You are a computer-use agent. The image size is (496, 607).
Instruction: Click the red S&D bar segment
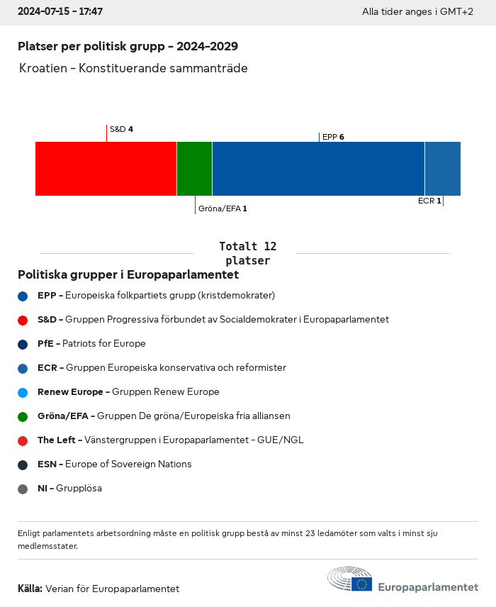106,169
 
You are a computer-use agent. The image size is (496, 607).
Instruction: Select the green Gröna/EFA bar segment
194,169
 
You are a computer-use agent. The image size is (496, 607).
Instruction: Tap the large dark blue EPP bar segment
318,169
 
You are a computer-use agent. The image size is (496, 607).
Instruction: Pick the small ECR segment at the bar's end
443,169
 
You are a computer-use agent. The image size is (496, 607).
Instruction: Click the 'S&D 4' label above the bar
121,129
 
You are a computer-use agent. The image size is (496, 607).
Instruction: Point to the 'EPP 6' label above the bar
333,137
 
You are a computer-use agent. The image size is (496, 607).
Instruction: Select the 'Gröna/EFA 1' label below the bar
222,208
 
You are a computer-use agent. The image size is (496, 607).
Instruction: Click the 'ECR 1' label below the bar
429,201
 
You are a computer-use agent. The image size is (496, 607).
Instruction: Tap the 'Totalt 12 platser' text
247,253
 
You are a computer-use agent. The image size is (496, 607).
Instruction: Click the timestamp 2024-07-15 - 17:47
60,12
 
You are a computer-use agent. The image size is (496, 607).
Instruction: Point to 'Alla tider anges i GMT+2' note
417,12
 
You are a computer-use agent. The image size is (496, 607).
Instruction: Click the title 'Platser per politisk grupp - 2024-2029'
128,46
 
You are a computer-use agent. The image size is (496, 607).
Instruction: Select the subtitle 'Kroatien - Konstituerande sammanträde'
134,68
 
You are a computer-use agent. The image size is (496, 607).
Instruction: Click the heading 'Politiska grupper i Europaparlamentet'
128,274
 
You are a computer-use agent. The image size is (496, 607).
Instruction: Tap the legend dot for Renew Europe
23,392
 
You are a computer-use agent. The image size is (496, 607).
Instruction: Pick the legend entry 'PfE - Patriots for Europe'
91,344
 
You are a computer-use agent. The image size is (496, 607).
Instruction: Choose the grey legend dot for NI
23,489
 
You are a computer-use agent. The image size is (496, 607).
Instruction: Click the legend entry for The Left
170,440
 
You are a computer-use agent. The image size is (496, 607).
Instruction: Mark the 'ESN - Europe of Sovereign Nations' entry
114,464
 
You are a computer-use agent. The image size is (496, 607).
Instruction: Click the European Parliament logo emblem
349,580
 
